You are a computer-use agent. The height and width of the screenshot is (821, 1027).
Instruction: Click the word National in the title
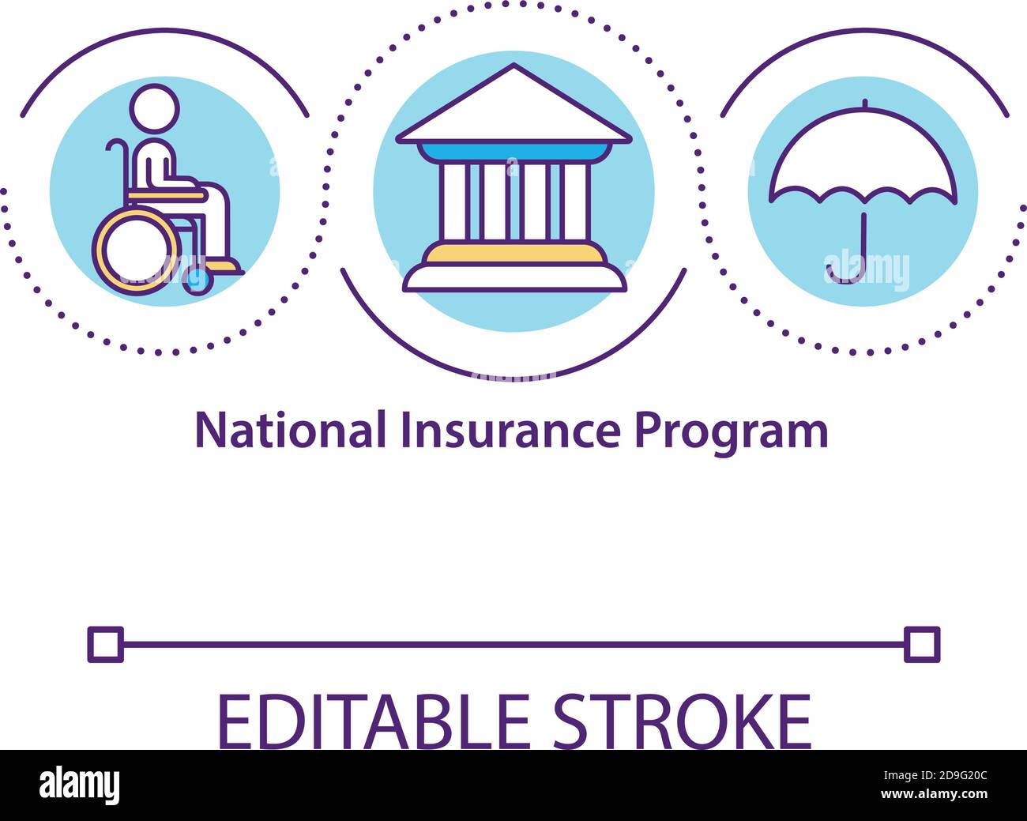(290, 431)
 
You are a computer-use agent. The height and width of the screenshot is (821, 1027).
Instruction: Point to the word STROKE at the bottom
(682, 720)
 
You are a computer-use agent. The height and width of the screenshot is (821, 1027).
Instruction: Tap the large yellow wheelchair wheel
(136, 251)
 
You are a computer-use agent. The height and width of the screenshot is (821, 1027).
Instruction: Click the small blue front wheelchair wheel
(197, 280)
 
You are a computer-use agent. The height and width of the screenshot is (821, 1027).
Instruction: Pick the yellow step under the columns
(513, 254)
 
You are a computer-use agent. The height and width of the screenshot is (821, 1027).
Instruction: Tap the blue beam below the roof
(513, 152)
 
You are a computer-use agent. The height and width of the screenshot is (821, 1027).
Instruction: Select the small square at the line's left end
(105, 644)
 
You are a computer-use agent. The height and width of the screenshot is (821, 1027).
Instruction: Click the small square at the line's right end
(921, 644)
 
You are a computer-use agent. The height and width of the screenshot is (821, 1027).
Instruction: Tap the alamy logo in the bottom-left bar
(80, 785)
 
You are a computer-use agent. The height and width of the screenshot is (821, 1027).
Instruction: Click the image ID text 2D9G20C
(950, 775)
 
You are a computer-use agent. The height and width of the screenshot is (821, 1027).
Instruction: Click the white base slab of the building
(514, 277)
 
